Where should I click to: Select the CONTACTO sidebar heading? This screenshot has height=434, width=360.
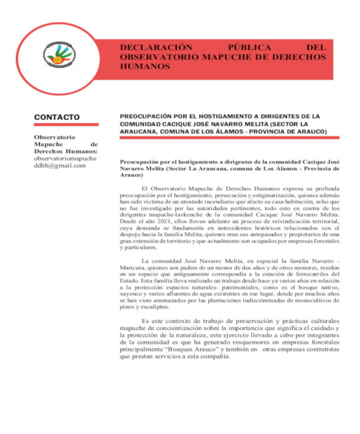(x=56, y=117)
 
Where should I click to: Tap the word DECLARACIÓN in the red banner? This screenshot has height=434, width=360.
(x=149, y=47)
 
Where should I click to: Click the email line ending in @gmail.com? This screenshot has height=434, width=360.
(x=60, y=165)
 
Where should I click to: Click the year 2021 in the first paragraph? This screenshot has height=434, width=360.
(x=161, y=222)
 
